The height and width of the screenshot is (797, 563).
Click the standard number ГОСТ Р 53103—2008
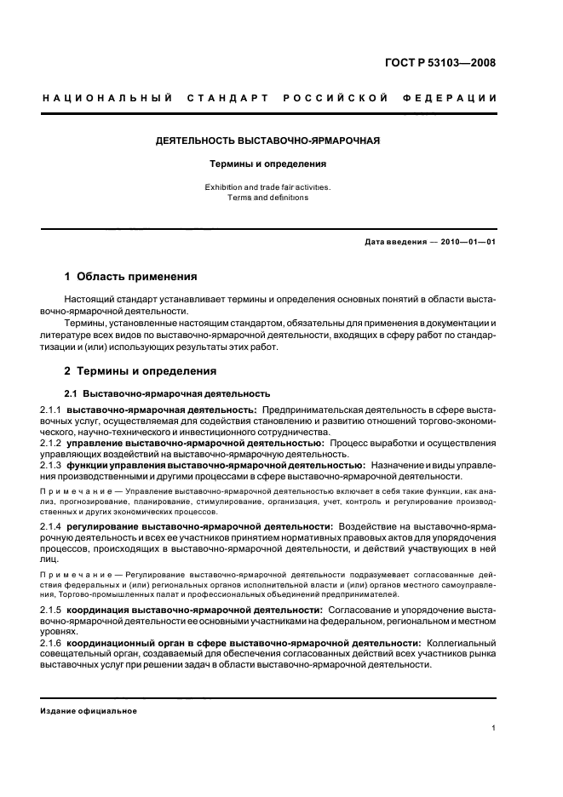(x=440, y=62)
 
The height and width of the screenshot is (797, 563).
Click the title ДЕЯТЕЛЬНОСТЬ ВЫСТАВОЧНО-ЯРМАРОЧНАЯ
(x=268, y=139)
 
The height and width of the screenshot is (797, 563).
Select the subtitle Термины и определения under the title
(x=268, y=162)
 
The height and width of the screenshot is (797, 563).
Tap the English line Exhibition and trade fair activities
(x=268, y=186)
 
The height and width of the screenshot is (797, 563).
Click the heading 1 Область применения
(x=131, y=277)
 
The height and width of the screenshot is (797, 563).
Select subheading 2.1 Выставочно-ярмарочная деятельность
(x=168, y=393)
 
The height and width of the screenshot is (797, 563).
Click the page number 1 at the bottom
(x=494, y=729)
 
